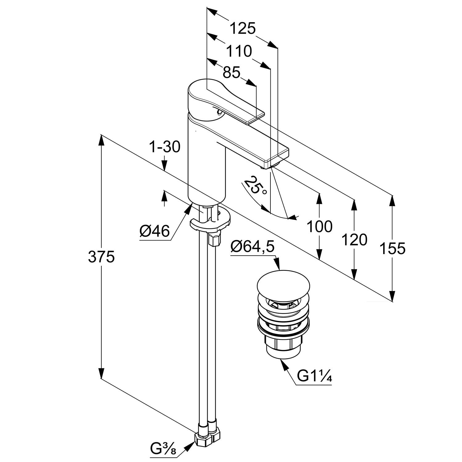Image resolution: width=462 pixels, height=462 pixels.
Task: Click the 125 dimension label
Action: [243, 29]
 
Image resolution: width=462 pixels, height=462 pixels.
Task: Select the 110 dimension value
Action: [239, 51]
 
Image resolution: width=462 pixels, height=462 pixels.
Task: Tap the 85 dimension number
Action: [231, 73]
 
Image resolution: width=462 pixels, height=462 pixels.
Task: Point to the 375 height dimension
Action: [101, 257]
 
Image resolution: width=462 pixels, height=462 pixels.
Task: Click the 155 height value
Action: [392, 248]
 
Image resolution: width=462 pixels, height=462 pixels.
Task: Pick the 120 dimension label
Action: [354, 240]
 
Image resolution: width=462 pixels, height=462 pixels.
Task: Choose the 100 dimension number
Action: [319, 227]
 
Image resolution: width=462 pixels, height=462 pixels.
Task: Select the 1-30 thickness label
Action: [164, 147]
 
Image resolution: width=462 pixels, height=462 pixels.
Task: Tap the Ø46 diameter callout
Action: [154, 231]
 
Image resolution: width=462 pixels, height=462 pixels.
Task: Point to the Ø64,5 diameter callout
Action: [252, 247]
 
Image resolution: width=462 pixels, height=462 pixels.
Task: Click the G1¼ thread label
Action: [314, 376]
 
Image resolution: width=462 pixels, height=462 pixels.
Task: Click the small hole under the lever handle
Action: [218, 112]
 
